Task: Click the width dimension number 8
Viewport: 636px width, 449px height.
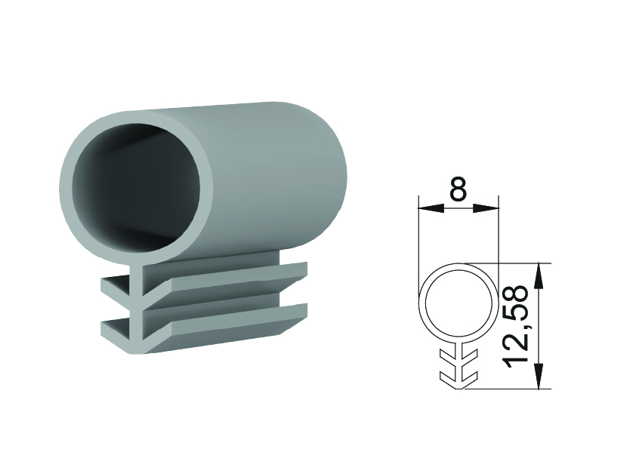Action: pos(458,189)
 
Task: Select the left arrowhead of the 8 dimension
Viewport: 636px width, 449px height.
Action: pos(431,208)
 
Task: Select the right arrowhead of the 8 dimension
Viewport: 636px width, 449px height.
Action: pos(486,208)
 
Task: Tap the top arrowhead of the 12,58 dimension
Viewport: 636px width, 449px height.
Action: pos(539,276)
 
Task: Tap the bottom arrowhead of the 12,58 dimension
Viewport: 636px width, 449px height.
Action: pos(539,376)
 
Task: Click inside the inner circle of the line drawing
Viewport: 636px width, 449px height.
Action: pos(458,303)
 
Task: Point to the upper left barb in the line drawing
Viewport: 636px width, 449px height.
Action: pos(448,357)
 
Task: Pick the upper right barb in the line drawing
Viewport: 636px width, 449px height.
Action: pos(469,357)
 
